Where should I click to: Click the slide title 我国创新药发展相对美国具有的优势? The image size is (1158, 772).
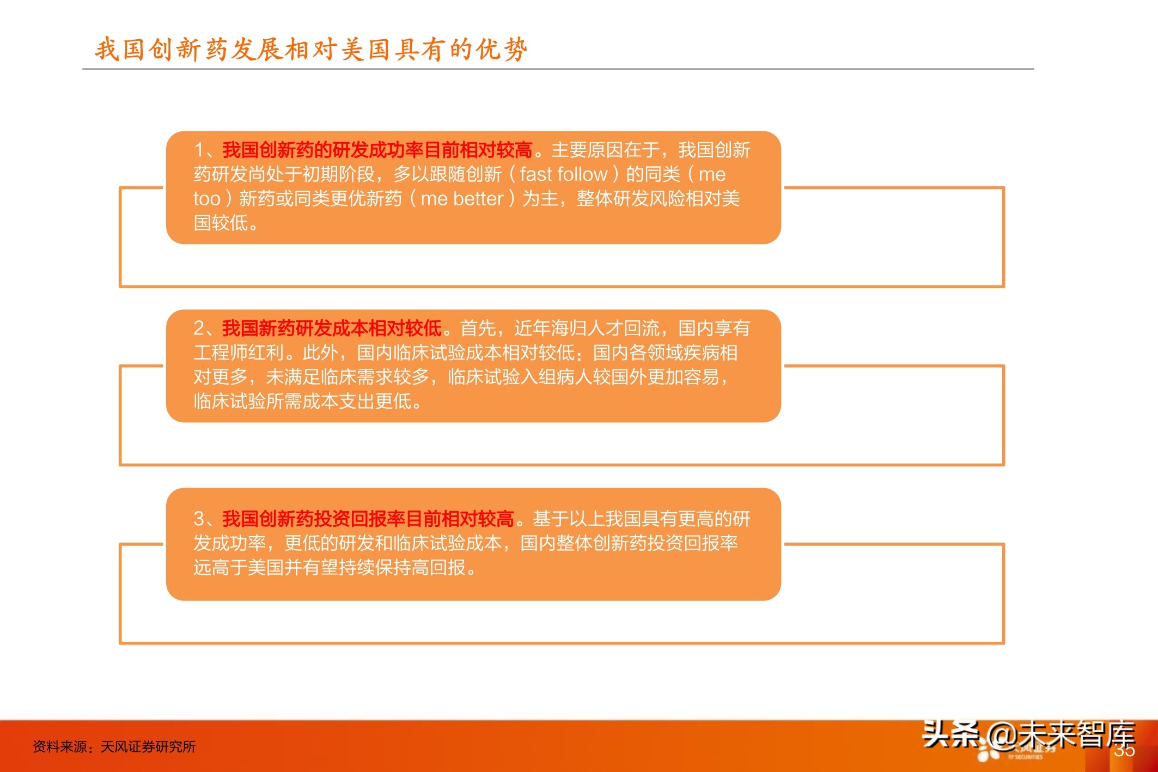[311, 49]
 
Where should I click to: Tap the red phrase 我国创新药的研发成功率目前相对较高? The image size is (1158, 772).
[377, 150]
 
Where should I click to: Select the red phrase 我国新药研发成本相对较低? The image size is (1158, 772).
[332, 328]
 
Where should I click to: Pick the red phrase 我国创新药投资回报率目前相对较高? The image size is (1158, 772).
[368, 519]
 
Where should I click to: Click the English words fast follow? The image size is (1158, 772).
[563, 174]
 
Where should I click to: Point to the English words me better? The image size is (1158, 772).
[462, 199]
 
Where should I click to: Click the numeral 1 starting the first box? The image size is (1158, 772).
[199, 150]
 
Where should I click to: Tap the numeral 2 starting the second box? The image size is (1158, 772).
[199, 328]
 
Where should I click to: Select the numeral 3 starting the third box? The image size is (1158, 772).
[199, 519]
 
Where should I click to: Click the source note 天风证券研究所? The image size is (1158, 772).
[148, 746]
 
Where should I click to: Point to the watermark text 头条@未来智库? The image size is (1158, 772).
[1028, 735]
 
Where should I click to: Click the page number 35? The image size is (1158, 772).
[1124, 751]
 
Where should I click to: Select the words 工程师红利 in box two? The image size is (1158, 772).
[239, 352]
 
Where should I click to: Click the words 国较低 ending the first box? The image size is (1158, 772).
[221, 223]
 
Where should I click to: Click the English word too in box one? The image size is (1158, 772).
[207, 199]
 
